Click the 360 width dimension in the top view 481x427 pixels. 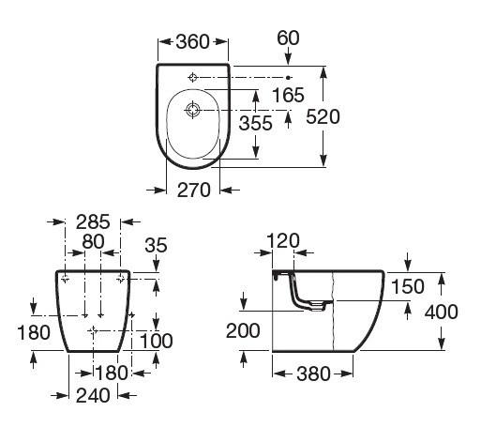pyautogui.click(x=192, y=41)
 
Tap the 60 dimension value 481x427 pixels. pyautogui.click(x=288, y=38)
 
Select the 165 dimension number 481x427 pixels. pyautogui.click(x=288, y=95)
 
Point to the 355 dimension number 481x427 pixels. pyautogui.click(x=256, y=123)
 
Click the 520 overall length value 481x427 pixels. pyautogui.click(x=323, y=116)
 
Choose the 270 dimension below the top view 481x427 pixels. pyautogui.click(x=194, y=191)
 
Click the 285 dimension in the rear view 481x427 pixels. pyautogui.click(x=93, y=221)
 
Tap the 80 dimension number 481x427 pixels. pyautogui.click(x=93, y=242)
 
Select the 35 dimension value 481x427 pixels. pyautogui.click(x=156, y=245)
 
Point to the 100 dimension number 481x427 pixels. pyautogui.click(x=157, y=341)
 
